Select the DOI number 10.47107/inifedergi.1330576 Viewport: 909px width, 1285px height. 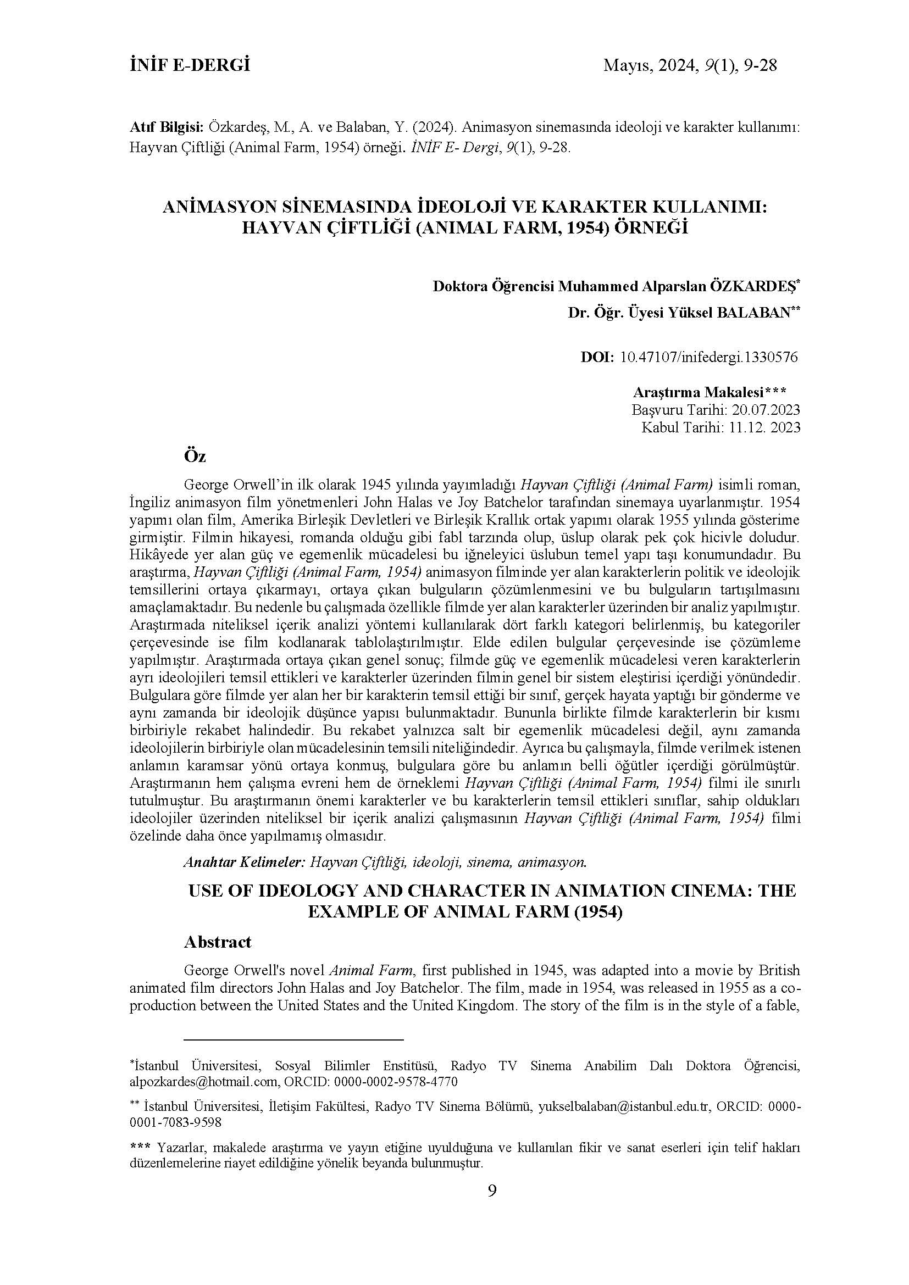pos(709,357)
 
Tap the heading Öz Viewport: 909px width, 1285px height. pos(195,457)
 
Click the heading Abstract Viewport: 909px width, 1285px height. pos(218,942)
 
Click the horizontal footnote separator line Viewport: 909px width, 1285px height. pos(294,1039)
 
